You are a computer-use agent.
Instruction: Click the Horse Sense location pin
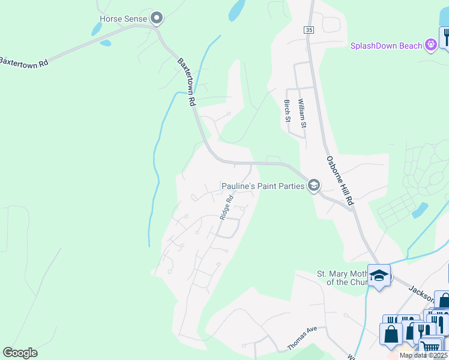pyautogui.click(x=157, y=19)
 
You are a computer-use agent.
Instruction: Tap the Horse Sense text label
pyautogui.click(x=123, y=19)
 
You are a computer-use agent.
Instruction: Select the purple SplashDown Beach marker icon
pyautogui.click(x=430, y=45)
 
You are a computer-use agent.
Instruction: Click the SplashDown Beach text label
pyautogui.click(x=385, y=46)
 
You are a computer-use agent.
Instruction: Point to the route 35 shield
pyautogui.click(x=309, y=30)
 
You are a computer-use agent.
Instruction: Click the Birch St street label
pyautogui.click(x=287, y=110)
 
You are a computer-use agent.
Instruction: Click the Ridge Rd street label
pyautogui.click(x=226, y=207)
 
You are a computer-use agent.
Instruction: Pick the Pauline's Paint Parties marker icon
pyautogui.click(x=313, y=186)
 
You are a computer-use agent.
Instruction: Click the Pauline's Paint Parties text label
pyautogui.click(x=263, y=186)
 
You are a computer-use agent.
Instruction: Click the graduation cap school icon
pyautogui.click(x=379, y=275)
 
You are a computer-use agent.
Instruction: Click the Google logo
pyautogui.click(x=20, y=353)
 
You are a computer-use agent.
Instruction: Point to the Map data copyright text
pyautogui.click(x=424, y=355)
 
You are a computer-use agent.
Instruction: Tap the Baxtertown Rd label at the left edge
pyautogui.click(x=24, y=62)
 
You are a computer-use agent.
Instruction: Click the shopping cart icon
pyautogui.click(x=430, y=346)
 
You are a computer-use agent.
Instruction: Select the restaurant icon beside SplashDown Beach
pyautogui.click(x=445, y=37)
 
